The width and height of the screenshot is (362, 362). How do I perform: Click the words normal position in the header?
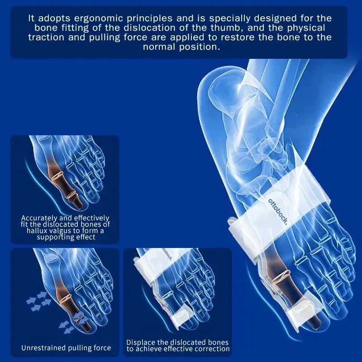point(181,47)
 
